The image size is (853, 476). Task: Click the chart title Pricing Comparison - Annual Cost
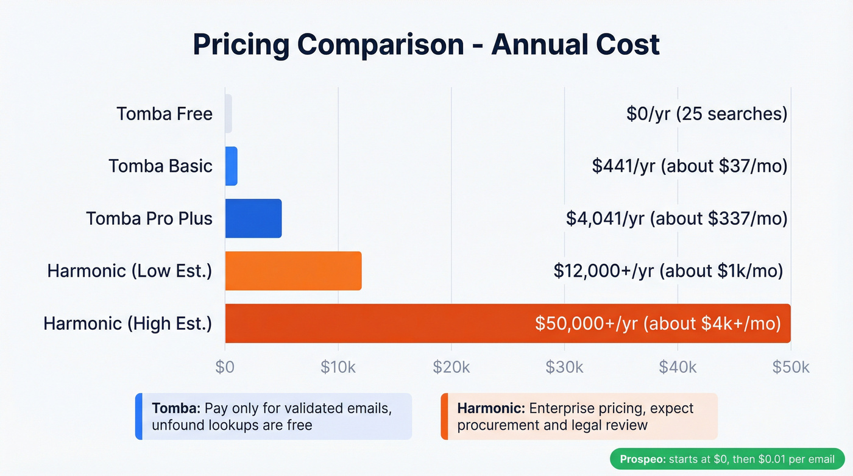click(426, 44)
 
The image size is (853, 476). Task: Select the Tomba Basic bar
click(231, 166)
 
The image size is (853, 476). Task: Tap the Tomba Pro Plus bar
click(253, 218)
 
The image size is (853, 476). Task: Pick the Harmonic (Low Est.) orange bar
click(293, 271)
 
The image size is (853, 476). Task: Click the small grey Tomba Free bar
click(228, 114)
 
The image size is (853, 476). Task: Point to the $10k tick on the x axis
click(338, 367)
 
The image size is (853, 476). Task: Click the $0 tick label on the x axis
click(225, 367)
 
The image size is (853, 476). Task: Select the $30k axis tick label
click(565, 367)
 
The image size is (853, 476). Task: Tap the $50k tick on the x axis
click(791, 367)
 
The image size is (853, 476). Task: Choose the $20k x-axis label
click(451, 367)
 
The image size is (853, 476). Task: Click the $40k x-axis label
click(678, 367)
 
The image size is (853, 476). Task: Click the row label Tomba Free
click(165, 114)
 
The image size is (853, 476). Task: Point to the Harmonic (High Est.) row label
click(128, 323)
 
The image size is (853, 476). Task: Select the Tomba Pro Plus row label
click(149, 218)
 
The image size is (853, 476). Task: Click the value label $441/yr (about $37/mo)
click(690, 166)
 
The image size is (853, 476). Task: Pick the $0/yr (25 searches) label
click(707, 114)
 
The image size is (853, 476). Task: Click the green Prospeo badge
click(727, 459)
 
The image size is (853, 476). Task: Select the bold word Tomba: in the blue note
click(176, 408)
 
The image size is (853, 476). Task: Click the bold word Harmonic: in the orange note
click(491, 408)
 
